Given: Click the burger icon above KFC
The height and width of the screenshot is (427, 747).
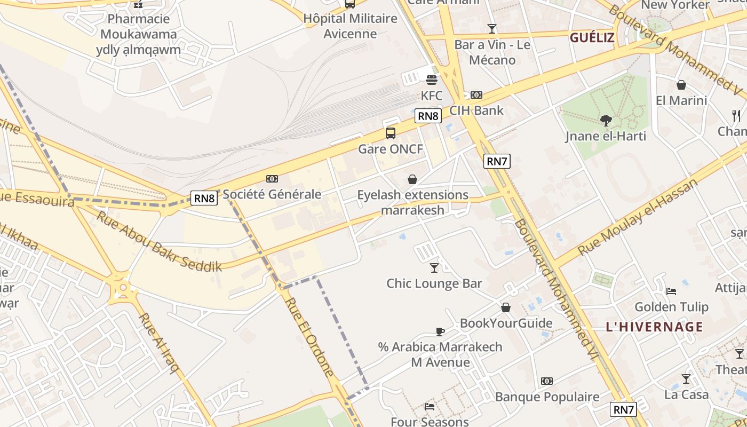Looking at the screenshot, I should click(x=432, y=80).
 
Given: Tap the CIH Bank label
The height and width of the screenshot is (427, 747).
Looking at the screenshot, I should click(x=476, y=110).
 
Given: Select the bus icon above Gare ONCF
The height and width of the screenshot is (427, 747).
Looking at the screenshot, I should click(x=391, y=133).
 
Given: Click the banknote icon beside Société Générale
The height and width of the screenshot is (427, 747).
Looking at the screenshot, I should click(x=272, y=179).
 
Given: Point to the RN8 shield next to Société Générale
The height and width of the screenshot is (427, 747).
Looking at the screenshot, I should click(x=204, y=199).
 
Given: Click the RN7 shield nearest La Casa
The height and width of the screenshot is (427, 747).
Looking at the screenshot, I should click(x=624, y=409).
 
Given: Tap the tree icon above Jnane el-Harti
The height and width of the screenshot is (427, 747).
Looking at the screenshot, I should click(x=606, y=121).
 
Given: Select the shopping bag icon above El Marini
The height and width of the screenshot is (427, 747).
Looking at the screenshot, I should click(x=681, y=85).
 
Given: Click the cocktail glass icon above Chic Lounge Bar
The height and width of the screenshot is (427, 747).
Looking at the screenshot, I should click(x=434, y=267).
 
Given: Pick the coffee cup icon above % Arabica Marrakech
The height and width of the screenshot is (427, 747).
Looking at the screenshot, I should click(x=440, y=331).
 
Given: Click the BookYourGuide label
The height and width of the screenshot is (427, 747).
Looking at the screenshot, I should click(x=506, y=323).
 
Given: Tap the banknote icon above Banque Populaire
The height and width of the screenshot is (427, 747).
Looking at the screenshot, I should click(x=547, y=381).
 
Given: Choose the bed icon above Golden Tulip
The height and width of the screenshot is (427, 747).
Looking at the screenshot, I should click(x=671, y=291).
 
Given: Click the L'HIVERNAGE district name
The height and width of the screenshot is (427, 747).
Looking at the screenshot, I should click(x=654, y=327).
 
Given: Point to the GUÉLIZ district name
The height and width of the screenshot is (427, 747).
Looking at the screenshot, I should click(x=592, y=38).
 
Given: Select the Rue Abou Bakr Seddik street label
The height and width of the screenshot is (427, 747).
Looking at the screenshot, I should click(x=159, y=241).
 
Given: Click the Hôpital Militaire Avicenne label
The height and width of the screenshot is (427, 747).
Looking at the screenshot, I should click(x=351, y=26).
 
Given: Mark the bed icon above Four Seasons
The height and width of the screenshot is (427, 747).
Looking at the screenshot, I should click(x=430, y=407).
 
